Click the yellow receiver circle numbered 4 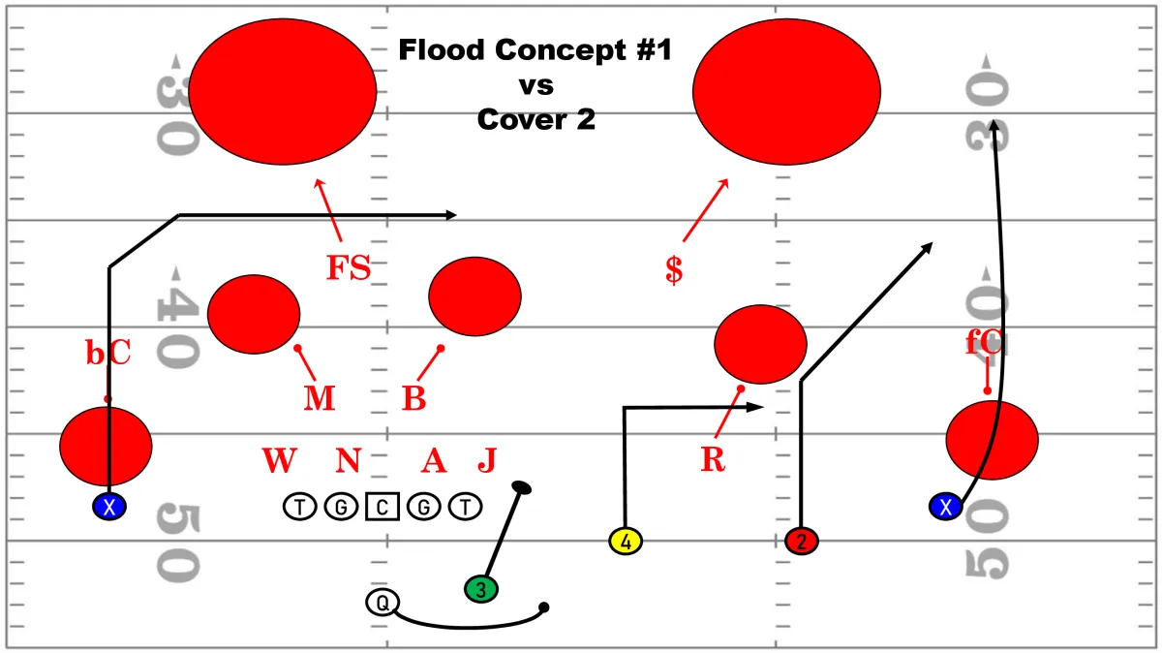tap(626, 541)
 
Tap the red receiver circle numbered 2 tap(802, 541)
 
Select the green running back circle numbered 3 tap(481, 589)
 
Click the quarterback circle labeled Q tap(382, 603)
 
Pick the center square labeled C tap(382, 507)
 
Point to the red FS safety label tap(349, 267)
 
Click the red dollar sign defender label tap(674, 270)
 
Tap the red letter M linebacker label tap(319, 398)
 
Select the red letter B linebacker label tap(414, 398)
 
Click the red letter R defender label tap(713, 459)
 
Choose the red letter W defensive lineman tap(279, 460)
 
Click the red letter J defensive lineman tap(487, 460)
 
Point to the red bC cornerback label tap(107, 353)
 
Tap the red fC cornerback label tap(984, 342)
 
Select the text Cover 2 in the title tap(535, 120)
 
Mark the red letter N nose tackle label tap(348, 460)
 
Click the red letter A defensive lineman tap(434, 460)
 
